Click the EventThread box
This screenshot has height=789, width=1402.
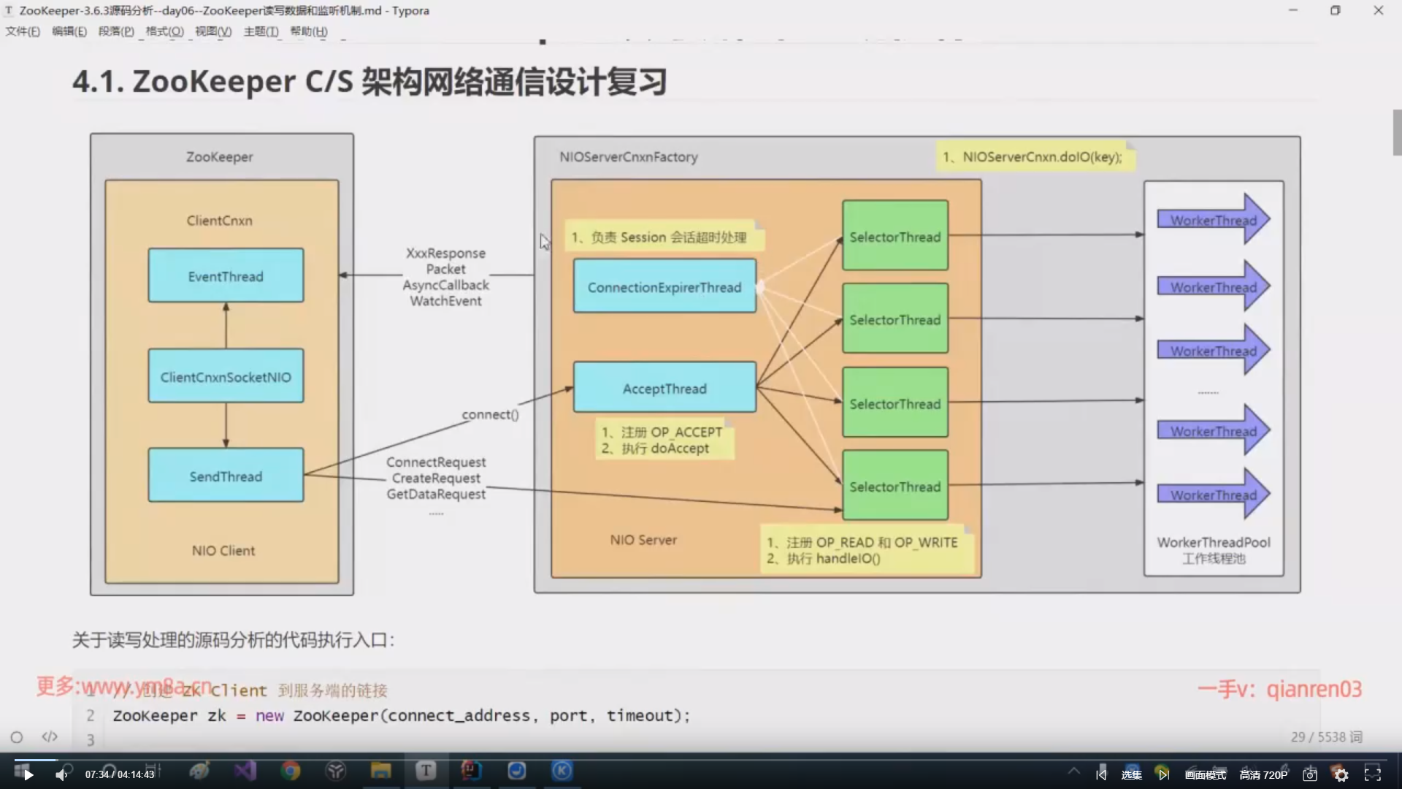226,276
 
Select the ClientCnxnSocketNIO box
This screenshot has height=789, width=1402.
226,377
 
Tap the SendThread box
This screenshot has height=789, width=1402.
226,476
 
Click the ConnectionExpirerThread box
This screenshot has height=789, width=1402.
664,287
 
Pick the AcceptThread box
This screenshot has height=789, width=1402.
664,389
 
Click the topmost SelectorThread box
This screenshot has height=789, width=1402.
895,237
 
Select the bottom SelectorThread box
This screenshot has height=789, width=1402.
895,487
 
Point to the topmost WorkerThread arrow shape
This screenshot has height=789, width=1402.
1213,220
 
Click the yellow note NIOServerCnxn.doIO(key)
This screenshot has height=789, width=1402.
1035,157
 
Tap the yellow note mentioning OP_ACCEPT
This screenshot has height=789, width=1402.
663,440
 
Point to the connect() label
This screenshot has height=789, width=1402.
490,414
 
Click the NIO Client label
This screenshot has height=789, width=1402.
223,551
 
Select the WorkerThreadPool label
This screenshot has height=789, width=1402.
1214,542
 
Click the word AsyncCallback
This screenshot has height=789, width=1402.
446,285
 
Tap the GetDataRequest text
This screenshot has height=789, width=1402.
436,494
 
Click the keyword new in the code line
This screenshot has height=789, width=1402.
269,716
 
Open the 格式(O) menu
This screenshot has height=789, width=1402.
164,31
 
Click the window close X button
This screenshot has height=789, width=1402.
1378,10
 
